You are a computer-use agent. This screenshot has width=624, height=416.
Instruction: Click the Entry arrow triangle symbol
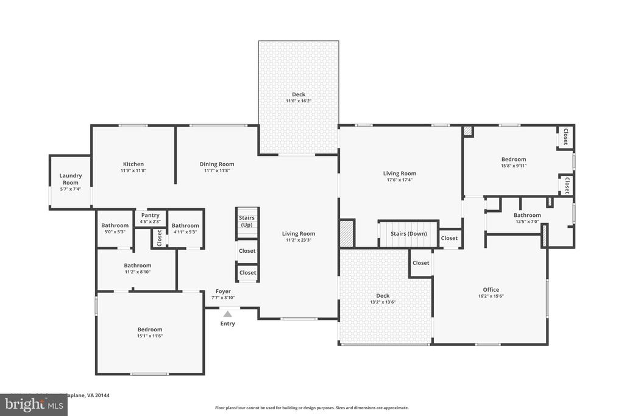227,314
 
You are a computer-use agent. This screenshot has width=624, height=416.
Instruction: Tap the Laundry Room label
71,179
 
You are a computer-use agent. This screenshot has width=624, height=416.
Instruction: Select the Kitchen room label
133,164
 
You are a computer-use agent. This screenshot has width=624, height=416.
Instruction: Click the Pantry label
150,215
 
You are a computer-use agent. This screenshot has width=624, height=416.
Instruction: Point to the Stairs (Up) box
247,221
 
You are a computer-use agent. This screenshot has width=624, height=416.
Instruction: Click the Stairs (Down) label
408,234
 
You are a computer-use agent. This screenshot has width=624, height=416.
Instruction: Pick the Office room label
491,290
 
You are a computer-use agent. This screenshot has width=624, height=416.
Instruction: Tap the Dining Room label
217,164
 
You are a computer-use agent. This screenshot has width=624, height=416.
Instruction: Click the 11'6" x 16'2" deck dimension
299,102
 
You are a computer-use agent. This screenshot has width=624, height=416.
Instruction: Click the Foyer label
223,292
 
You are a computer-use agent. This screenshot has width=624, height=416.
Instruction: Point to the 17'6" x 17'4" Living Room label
399,177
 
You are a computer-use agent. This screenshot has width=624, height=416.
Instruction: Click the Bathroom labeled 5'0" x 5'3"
115,228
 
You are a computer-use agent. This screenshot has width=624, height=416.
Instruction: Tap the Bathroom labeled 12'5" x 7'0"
527,218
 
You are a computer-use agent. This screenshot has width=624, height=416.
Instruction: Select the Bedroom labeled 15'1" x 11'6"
150,333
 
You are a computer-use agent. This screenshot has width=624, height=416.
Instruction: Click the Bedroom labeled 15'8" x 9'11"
513,162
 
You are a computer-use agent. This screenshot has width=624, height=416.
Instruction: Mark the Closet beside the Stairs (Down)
449,238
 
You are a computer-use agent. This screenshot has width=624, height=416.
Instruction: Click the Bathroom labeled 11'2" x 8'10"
138,269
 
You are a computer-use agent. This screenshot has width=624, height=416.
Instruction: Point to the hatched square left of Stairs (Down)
347,233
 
